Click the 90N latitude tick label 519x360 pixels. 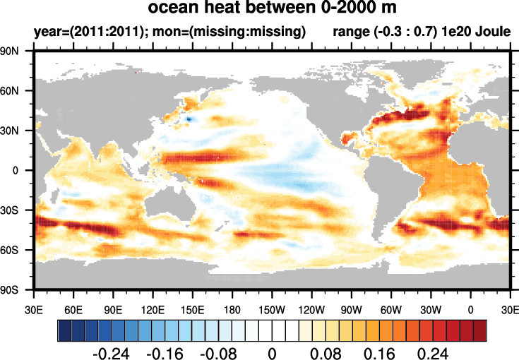click(17, 51)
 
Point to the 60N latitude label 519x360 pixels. click(17, 90)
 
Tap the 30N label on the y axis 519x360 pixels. click(17, 131)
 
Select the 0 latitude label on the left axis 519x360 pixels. click(24, 170)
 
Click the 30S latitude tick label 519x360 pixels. click(17, 210)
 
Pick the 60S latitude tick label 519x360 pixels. click(17, 250)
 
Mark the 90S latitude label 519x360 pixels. click(17, 289)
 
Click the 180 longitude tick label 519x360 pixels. click(232, 308)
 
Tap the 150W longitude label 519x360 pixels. click(272, 308)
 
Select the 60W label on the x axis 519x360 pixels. click(391, 308)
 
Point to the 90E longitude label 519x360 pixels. click(113, 308)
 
